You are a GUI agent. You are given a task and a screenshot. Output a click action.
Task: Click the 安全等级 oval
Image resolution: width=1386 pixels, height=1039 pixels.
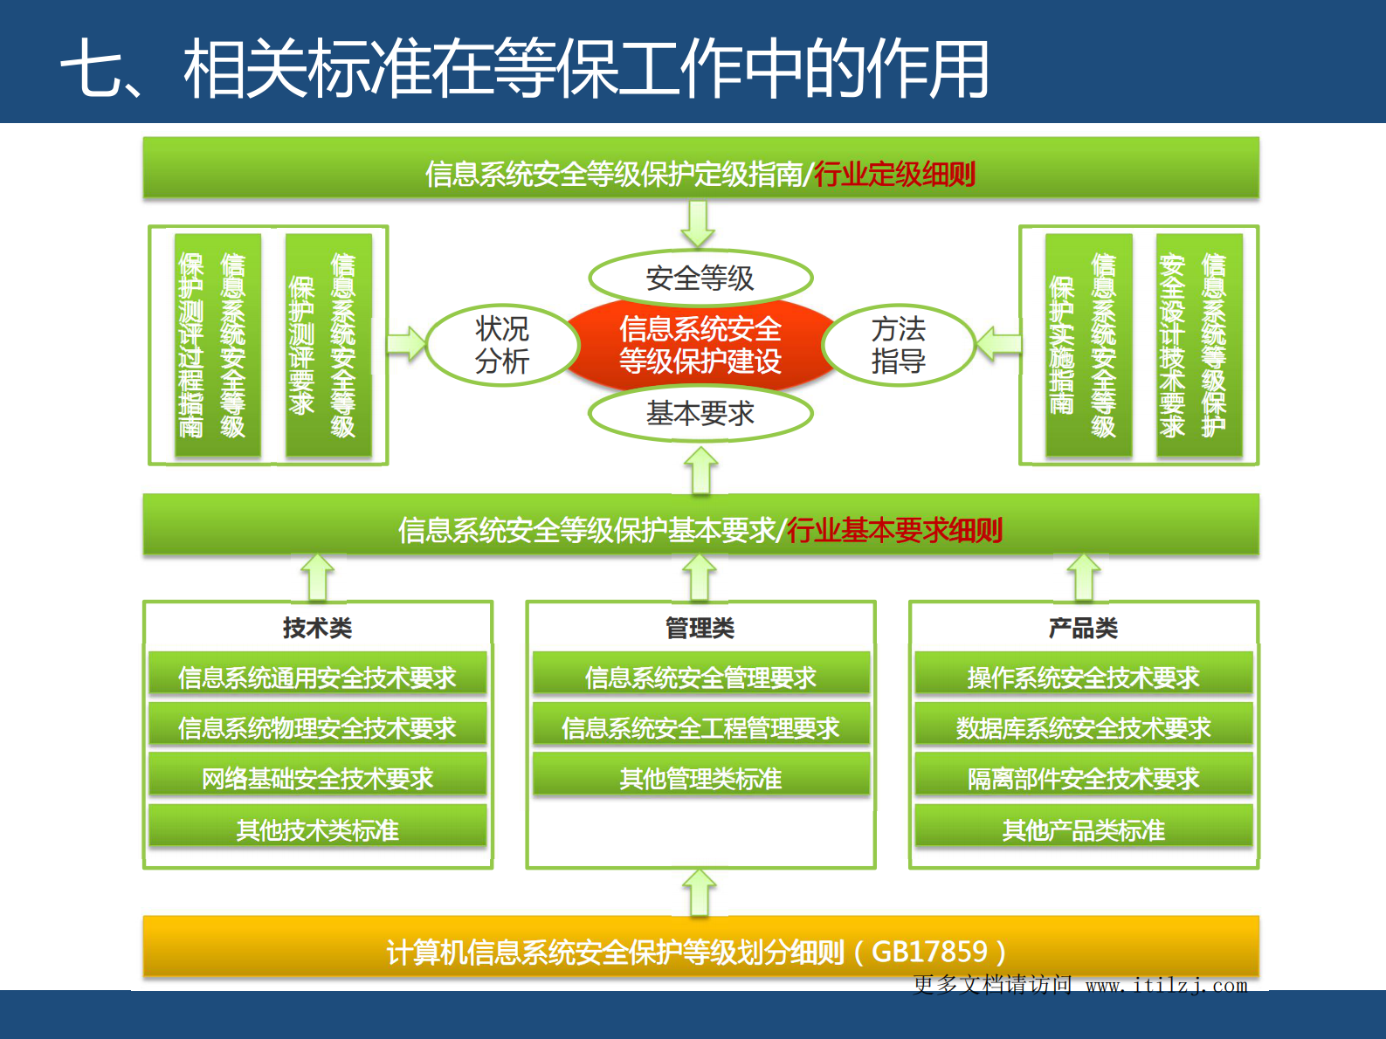(x=700, y=279)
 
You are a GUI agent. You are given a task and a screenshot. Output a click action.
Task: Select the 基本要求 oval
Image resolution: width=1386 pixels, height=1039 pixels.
(x=700, y=413)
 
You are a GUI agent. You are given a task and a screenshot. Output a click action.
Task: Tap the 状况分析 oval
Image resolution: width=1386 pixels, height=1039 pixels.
(x=502, y=345)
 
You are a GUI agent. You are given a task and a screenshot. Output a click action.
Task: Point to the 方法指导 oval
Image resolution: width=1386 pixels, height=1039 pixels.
(x=898, y=345)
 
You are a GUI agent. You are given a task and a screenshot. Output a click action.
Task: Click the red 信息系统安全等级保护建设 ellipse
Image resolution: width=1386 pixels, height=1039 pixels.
(x=700, y=345)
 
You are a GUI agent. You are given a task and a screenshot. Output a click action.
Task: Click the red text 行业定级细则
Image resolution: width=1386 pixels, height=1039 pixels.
(x=894, y=175)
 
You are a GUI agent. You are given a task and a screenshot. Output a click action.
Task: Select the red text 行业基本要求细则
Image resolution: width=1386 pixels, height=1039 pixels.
(x=894, y=530)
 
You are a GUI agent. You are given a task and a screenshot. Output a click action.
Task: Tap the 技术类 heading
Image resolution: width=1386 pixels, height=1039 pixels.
(x=317, y=628)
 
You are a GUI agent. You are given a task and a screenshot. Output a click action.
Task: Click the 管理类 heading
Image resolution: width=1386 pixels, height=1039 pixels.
(x=700, y=628)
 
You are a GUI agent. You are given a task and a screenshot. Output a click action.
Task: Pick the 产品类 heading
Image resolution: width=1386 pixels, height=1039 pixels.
(x=1083, y=628)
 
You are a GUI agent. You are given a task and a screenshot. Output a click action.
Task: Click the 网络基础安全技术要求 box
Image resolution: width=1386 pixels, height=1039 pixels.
(x=317, y=778)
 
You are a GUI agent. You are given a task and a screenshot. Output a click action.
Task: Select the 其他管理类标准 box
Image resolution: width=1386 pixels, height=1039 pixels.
(x=700, y=778)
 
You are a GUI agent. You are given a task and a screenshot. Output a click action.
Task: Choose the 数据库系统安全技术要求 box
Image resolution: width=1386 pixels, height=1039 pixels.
(x=1083, y=727)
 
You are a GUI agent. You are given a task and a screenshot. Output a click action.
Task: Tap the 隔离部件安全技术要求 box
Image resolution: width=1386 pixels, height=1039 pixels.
(x=1083, y=778)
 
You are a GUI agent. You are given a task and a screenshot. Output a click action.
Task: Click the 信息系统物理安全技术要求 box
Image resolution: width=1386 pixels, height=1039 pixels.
(x=317, y=727)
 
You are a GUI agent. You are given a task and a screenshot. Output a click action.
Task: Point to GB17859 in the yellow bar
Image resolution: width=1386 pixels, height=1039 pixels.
(x=929, y=951)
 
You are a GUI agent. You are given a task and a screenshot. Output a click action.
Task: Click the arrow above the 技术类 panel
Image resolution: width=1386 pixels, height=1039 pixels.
(x=317, y=577)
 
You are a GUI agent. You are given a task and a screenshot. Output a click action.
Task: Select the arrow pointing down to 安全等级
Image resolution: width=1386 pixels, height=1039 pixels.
(x=698, y=224)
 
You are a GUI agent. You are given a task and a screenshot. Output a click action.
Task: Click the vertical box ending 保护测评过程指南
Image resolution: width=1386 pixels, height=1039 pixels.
(x=217, y=345)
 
